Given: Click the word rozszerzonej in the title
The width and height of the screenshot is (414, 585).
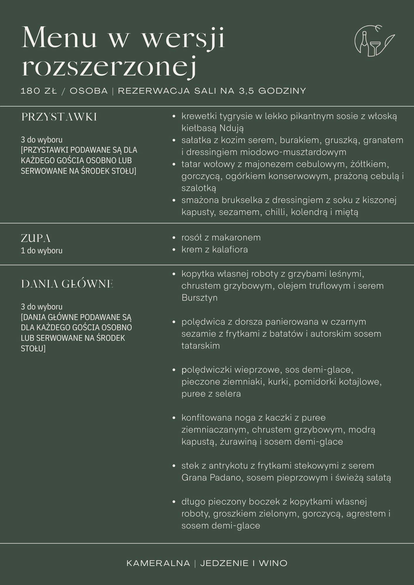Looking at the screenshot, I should point(109,68).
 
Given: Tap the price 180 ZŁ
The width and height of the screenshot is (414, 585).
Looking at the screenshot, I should point(39,91).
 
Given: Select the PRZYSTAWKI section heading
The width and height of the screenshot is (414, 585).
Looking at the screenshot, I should point(59,117).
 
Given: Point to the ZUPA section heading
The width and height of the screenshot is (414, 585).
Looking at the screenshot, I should point(35,238).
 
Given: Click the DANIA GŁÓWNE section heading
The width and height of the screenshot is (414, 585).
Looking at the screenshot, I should point(67,284).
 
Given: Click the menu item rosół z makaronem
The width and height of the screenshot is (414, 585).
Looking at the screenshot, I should point(221,238).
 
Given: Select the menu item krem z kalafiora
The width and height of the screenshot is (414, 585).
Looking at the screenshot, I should point(214,250).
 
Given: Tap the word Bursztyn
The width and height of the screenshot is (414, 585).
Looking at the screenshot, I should point(199,298).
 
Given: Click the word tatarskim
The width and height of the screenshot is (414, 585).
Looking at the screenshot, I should point(201,346).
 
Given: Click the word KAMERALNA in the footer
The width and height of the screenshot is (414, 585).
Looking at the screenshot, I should point(158,563).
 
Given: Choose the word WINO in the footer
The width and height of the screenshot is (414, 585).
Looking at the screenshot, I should point(273,563).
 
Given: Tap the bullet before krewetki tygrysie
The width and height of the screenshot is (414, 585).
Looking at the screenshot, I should point(174,116).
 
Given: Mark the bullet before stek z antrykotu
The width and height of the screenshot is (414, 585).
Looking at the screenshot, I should point(174,466).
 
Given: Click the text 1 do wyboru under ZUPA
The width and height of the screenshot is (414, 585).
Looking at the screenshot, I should point(42,251).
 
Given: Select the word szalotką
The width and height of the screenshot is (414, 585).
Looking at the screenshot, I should point(199,188).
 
